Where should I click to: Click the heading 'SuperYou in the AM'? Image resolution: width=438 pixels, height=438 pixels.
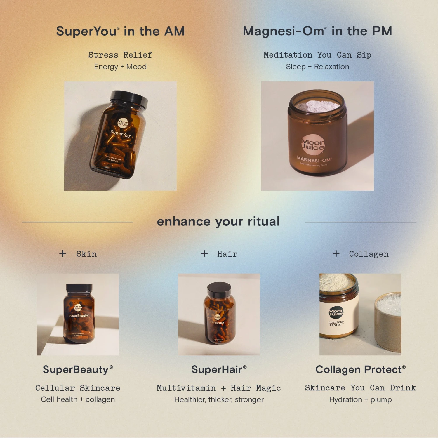pyautogui.click(x=120, y=31)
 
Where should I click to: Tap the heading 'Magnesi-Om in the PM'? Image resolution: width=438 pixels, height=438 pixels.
pyautogui.click(x=317, y=31)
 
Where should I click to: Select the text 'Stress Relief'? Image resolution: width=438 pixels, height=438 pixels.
pyautogui.click(x=120, y=55)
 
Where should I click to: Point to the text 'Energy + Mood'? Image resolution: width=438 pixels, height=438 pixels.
pyautogui.click(x=120, y=67)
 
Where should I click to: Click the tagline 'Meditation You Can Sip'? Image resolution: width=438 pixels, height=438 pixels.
pyautogui.click(x=317, y=55)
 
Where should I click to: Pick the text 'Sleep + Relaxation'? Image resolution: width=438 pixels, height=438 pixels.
pyautogui.click(x=317, y=67)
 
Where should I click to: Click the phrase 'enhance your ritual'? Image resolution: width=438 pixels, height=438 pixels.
pyautogui.click(x=218, y=222)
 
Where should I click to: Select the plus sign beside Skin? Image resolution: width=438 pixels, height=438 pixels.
pyautogui.click(x=63, y=253)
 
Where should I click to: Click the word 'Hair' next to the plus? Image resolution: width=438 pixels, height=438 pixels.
pyautogui.click(x=227, y=254)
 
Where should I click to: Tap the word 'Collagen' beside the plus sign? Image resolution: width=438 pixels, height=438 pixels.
pyautogui.click(x=369, y=254)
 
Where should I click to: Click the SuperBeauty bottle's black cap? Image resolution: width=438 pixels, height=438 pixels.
pyautogui.click(x=79, y=288)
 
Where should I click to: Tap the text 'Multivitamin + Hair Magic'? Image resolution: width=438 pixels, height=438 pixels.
pyautogui.click(x=219, y=388)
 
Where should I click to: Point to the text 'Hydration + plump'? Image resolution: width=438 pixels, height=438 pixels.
pyautogui.click(x=360, y=399)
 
